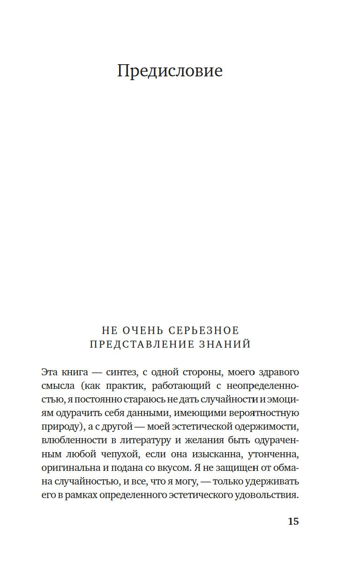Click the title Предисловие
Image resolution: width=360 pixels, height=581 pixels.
(x=170, y=71)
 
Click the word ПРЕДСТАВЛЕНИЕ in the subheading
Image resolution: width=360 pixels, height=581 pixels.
(x=142, y=345)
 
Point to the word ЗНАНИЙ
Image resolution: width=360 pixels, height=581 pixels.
(x=225, y=345)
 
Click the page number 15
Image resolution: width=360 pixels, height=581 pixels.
(x=293, y=521)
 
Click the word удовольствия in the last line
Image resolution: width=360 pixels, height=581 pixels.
(x=269, y=495)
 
